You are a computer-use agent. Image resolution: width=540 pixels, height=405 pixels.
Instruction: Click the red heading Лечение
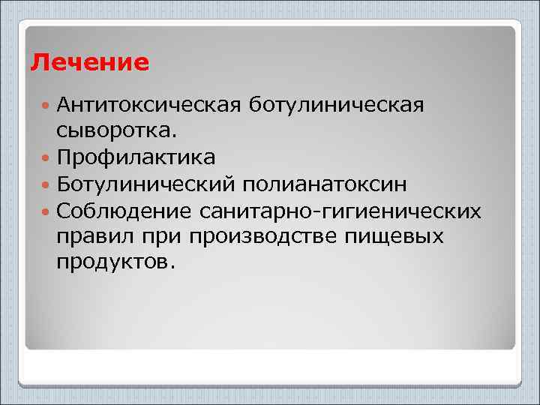click(x=90, y=61)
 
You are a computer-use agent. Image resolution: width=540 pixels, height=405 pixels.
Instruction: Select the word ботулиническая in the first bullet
click(x=336, y=105)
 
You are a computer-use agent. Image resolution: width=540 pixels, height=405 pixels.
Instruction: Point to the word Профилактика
click(x=136, y=157)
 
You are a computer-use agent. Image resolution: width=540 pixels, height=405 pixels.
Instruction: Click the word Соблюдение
click(x=124, y=211)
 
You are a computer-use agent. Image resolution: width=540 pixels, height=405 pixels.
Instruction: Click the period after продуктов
click(x=173, y=268)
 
